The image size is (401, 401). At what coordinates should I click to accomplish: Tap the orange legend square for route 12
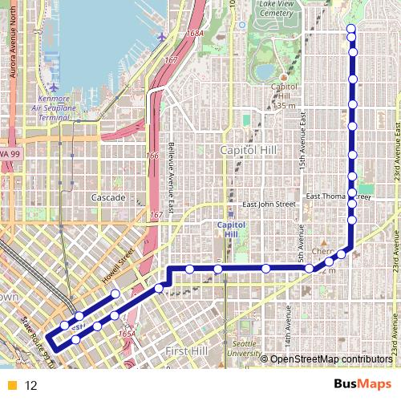[12, 386]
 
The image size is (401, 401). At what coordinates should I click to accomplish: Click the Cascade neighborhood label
[108, 197]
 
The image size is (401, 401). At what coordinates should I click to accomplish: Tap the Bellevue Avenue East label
[171, 172]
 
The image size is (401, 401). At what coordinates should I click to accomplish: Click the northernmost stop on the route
[350, 30]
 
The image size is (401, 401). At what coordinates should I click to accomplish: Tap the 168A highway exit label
[194, 34]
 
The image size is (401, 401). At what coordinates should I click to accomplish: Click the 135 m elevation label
[285, 105]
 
